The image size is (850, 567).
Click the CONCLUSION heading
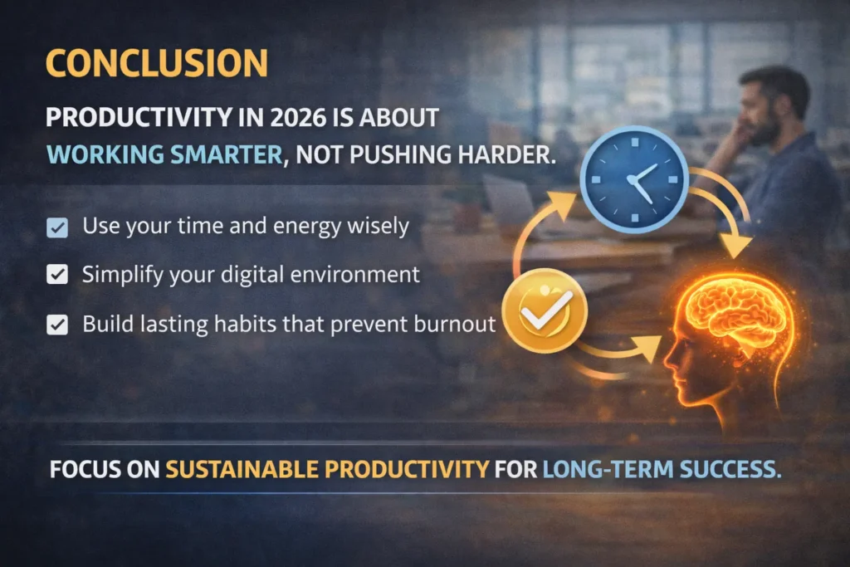point(156,65)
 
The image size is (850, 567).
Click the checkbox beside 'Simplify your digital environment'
point(57,276)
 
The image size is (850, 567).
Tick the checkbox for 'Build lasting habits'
point(57,325)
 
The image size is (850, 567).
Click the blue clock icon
point(633,180)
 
